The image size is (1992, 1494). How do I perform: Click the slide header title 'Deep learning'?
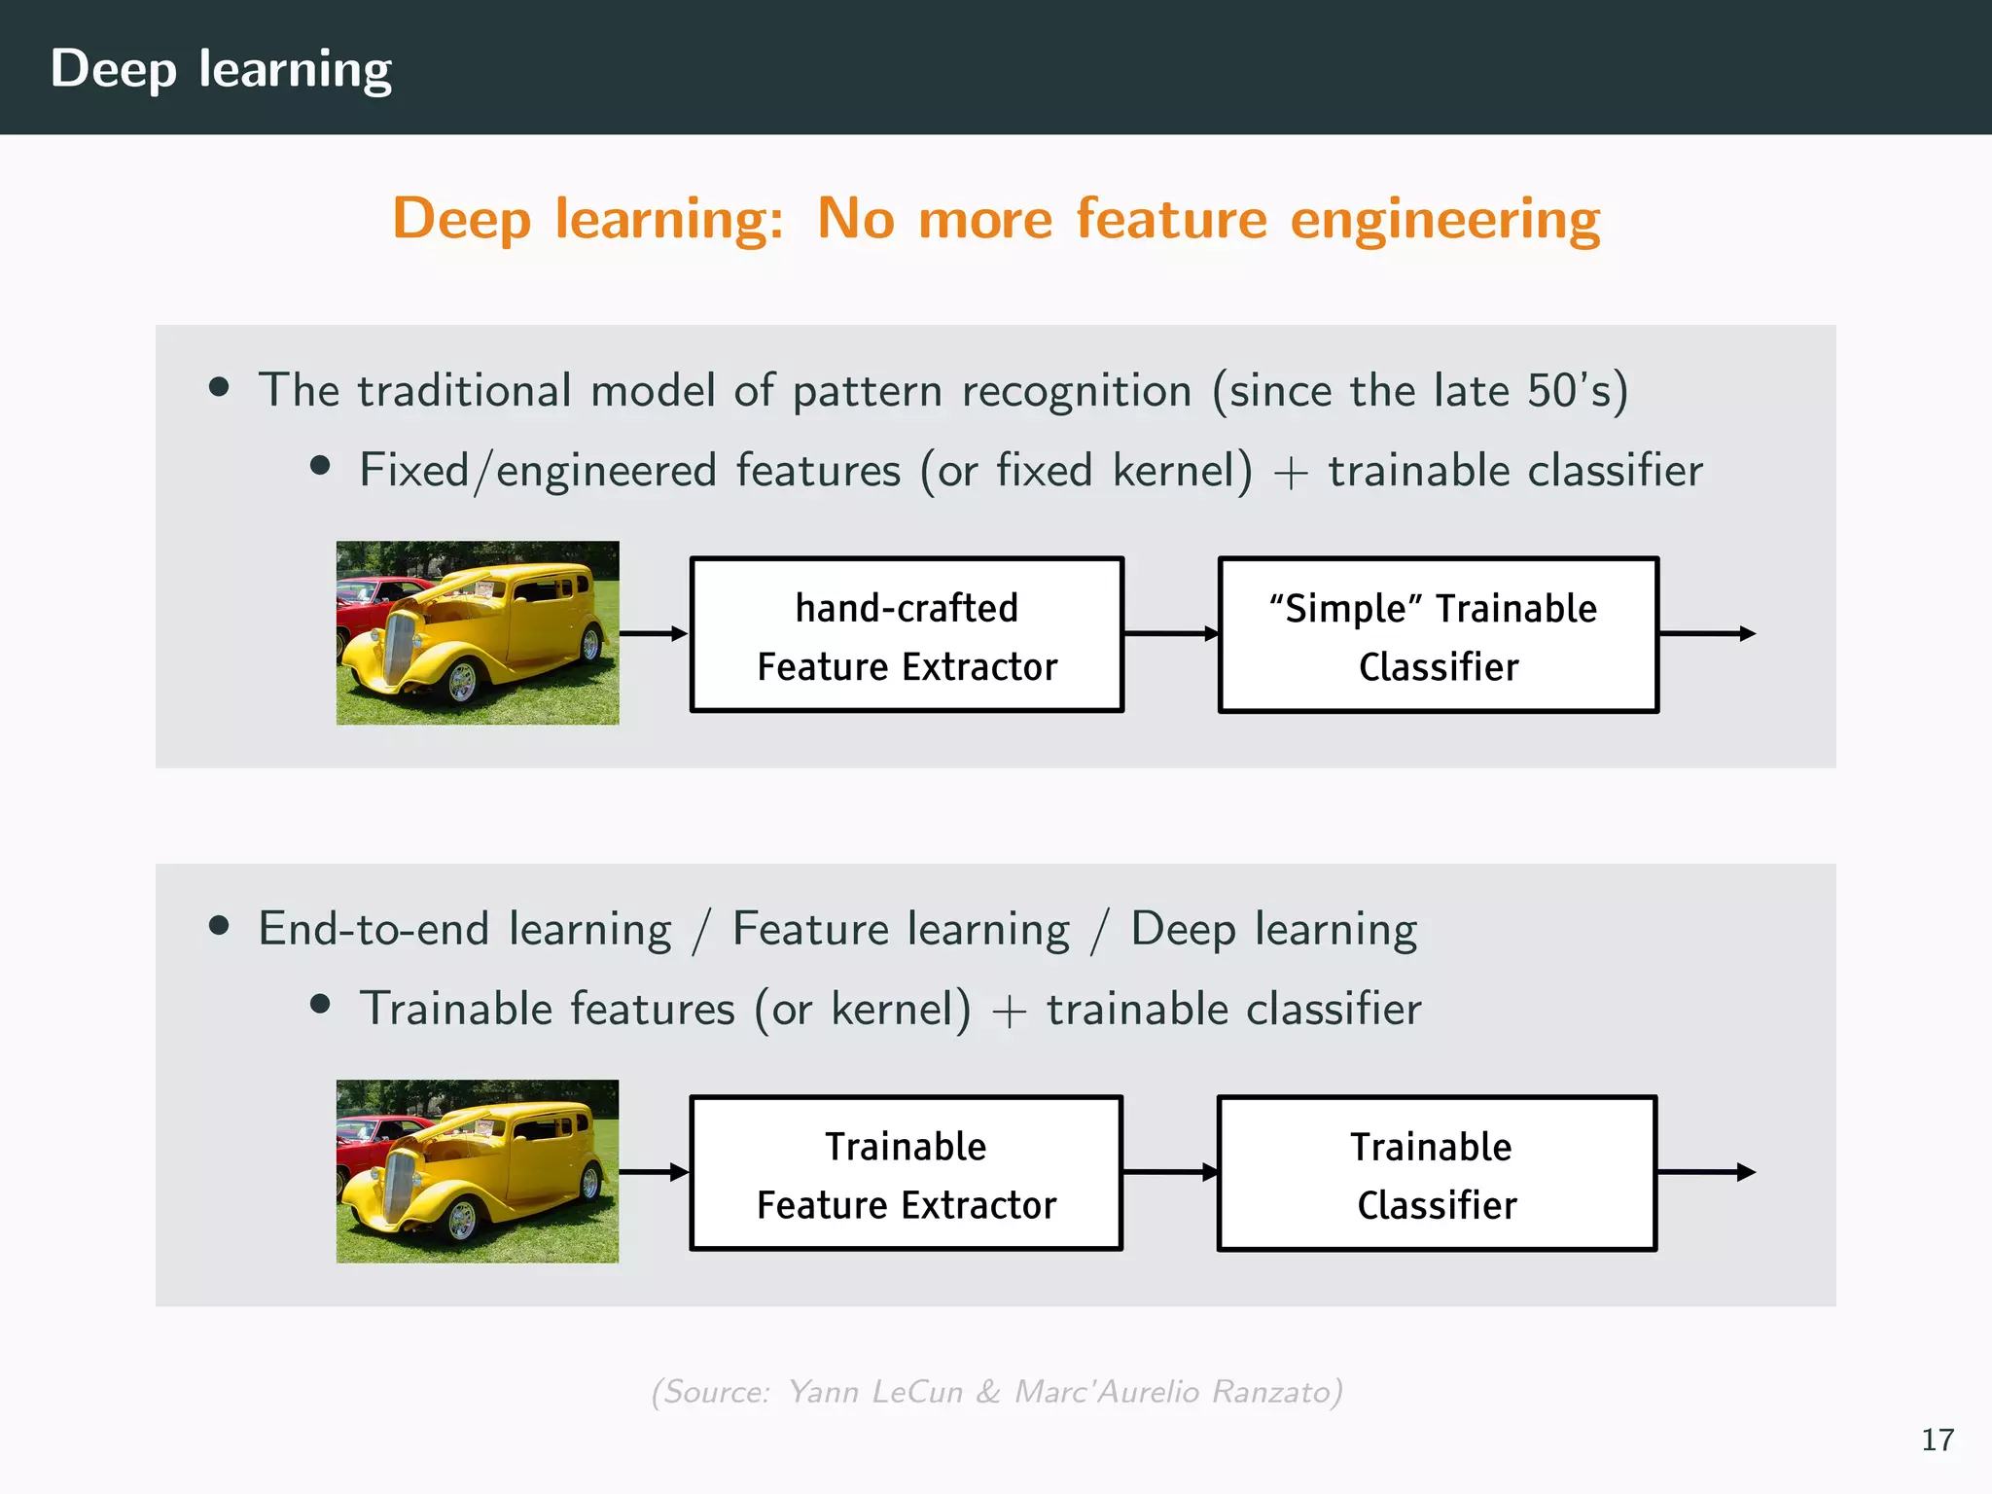click(221, 69)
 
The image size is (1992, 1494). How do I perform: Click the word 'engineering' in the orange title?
click(1444, 219)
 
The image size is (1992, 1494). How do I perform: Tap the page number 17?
click(1937, 1440)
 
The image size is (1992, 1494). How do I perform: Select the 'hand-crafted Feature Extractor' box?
click(907, 635)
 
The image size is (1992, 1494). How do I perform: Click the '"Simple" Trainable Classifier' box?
click(1438, 635)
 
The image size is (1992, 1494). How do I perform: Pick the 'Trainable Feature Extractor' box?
click(907, 1173)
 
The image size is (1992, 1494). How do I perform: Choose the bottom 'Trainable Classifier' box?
click(1437, 1173)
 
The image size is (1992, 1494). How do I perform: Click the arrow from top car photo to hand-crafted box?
click(654, 634)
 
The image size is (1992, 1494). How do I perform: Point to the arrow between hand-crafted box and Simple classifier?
click(1170, 634)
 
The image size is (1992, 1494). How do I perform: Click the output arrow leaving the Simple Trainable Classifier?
click(1706, 634)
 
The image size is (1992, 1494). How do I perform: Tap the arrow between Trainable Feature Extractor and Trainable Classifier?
click(1169, 1172)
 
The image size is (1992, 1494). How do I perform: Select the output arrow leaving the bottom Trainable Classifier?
click(1705, 1172)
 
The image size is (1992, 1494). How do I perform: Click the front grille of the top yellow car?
click(399, 646)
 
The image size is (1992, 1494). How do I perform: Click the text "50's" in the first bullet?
click(1569, 391)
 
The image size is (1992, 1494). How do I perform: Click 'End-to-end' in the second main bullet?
click(373, 929)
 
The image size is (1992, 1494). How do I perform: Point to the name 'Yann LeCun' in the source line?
click(874, 1392)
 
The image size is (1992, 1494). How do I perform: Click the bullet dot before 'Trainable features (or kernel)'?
click(320, 1004)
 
